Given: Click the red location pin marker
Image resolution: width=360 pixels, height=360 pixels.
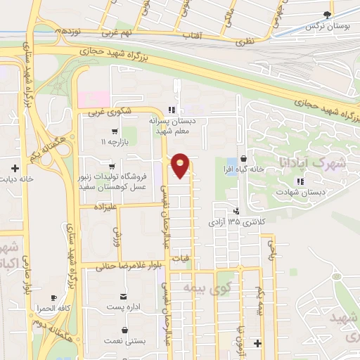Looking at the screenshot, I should pos(181,165).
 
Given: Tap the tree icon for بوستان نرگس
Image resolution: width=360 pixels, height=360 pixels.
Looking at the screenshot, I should pos(326,14).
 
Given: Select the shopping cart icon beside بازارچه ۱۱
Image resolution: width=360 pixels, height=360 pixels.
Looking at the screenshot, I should pos(114,131).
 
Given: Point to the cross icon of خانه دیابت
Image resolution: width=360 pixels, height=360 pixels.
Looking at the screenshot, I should pos(15,167).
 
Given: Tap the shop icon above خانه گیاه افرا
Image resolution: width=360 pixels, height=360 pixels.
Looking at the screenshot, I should pos(243,158).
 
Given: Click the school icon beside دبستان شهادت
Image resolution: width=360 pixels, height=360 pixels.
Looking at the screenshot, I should pos(300,181).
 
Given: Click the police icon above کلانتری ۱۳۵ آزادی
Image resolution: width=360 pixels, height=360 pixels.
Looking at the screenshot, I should pos(236,210).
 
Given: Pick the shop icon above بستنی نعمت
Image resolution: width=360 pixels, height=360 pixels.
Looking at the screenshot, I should pos(125,329).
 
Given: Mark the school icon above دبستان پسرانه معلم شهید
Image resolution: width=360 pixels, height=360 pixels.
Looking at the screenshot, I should pos(170,110).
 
